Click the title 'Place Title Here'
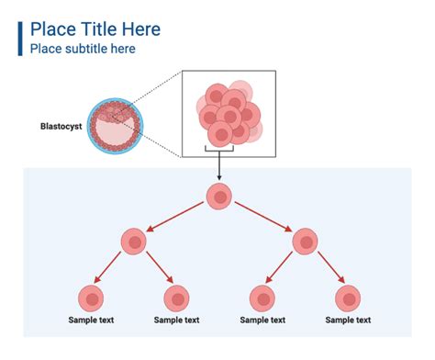point(95,29)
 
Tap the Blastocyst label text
point(61,126)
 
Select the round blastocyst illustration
point(114,126)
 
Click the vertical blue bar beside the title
point(20,38)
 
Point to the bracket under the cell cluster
point(219,150)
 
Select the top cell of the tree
point(219,196)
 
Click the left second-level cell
point(134,242)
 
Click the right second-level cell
point(305,242)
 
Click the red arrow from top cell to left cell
point(177,219)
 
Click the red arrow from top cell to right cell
point(262,219)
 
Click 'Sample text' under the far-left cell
point(91,321)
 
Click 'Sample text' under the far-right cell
point(349,321)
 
